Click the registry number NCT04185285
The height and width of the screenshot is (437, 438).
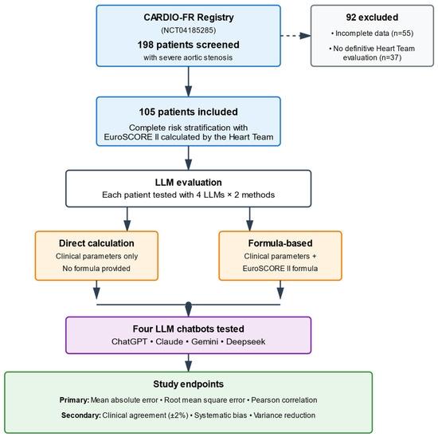pyautogui.click(x=188, y=30)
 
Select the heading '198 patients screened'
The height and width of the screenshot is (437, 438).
pyautogui.click(x=188, y=45)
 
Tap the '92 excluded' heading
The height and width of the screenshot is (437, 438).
pyautogui.click(x=372, y=18)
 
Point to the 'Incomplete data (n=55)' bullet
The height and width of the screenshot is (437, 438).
pyautogui.click(x=372, y=33)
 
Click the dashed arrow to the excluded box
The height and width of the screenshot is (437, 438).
pyautogui.click(x=295, y=36)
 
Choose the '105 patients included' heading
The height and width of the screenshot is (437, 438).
pyautogui.click(x=188, y=112)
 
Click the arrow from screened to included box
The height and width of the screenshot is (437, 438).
pyautogui.click(x=189, y=81)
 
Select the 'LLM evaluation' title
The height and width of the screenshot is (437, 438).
pyautogui.click(x=188, y=183)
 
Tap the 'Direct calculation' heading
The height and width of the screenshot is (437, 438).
pyautogui.click(x=96, y=243)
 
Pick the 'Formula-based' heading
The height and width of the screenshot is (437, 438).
pyautogui.click(x=280, y=243)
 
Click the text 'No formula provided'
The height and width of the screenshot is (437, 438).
pyautogui.click(x=96, y=268)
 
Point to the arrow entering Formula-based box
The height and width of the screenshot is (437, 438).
pyautogui.click(x=250, y=219)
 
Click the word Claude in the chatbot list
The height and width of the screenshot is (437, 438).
pyautogui.click(x=170, y=341)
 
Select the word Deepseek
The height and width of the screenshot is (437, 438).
pyautogui.click(x=246, y=341)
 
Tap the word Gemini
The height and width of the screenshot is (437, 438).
pyautogui.click(x=205, y=341)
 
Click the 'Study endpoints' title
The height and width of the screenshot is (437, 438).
pyautogui.click(x=188, y=384)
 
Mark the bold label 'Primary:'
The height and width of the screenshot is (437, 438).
pyautogui.click(x=74, y=400)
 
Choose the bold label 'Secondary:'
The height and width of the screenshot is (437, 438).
pyautogui.click(x=81, y=415)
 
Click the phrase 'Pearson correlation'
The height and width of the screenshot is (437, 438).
pyautogui.click(x=284, y=400)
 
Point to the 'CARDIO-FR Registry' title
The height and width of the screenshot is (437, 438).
pyautogui.click(x=189, y=18)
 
